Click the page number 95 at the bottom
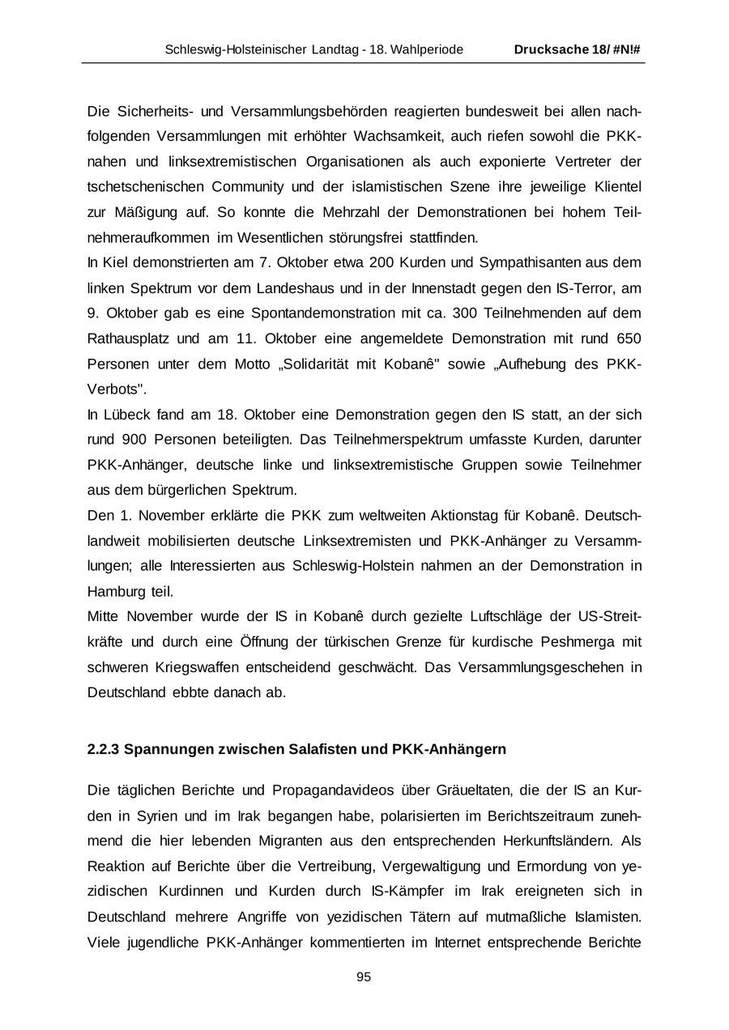(364, 977)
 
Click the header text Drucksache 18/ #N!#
(578, 49)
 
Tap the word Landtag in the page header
(334, 49)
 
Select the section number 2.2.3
(103, 749)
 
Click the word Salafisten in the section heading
(323, 749)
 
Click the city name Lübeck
(126, 415)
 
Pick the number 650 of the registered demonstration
(629, 338)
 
